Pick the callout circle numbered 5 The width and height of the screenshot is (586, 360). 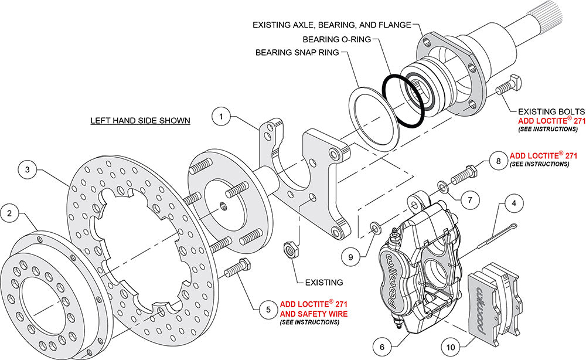267,308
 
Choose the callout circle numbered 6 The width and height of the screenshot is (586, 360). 382,347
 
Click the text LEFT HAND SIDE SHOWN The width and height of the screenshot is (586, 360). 140,121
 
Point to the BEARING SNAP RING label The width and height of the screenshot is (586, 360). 298,52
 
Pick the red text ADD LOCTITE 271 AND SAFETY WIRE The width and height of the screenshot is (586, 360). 314,309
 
